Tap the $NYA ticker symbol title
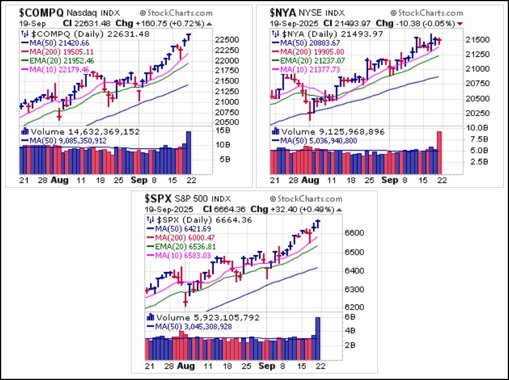tap(283, 12)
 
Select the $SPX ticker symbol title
tap(159, 199)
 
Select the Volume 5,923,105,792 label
tap(200, 317)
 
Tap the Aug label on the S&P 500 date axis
tap(186, 366)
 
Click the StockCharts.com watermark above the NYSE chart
tap(425, 12)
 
